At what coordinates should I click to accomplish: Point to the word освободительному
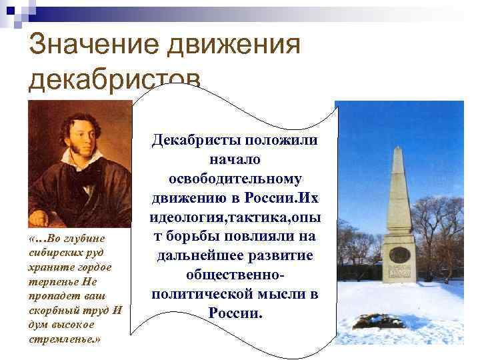(235, 180)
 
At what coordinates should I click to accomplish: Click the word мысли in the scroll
(275, 294)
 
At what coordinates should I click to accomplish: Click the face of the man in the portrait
(81, 136)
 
